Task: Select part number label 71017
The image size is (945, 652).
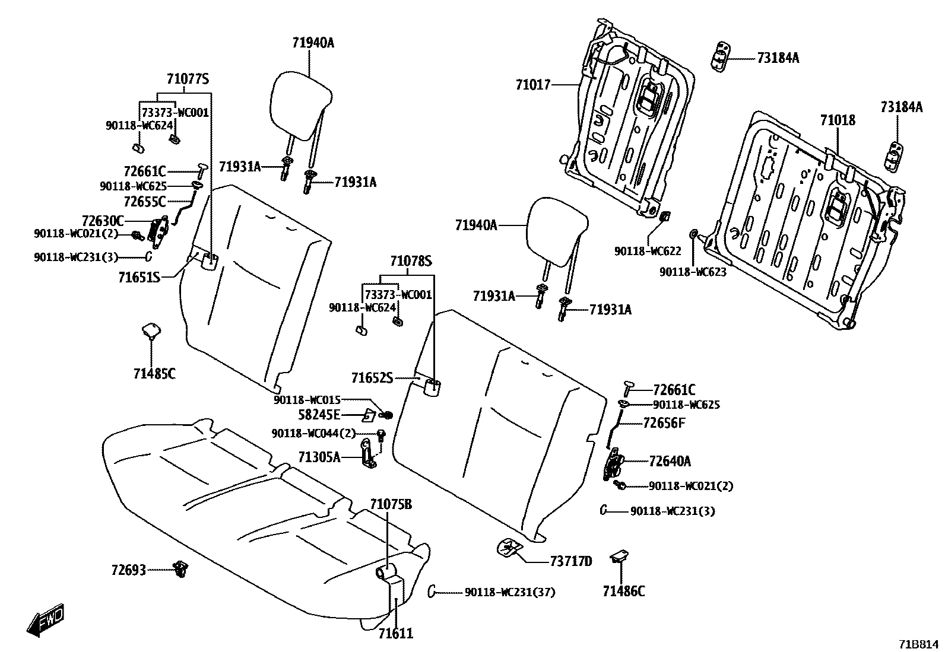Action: [x=532, y=85]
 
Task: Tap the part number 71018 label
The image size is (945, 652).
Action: [x=838, y=120]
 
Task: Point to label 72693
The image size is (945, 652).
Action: [x=128, y=570]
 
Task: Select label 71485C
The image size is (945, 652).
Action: [x=154, y=374]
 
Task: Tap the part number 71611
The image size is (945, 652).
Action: [x=395, y=634]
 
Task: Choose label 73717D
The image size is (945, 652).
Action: [x=570, y=561]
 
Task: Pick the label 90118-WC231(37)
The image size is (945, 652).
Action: [x=509, y=592]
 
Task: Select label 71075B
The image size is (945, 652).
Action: [x=391, y=505]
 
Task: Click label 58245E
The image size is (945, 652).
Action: [x=319, y=414]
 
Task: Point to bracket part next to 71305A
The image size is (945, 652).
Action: [x=369, y=455]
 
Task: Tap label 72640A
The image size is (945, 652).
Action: [x=670, y=461]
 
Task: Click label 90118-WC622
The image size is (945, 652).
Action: [x=647, y=252]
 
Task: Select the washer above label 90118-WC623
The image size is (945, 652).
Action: [x=693, y=233]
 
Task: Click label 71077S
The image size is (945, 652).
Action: [x=188, y=79]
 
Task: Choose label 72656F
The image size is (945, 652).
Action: [x=664, y=423]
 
